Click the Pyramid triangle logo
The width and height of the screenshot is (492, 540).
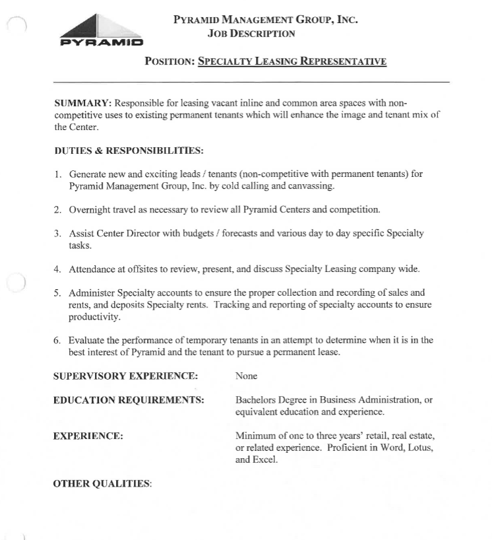coord(101,30)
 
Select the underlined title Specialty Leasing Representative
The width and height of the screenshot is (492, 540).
coord(292,61)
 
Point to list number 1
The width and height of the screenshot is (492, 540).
coord(58,174)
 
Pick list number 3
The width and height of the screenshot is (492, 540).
coord(58,234)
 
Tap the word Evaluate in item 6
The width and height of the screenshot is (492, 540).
coord(90,340)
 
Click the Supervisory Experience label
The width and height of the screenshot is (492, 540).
coord(125,376)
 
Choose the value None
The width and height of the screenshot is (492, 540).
coord(246,376)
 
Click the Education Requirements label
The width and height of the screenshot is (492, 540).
coord(129,400)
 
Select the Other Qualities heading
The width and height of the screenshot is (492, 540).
coord(102,484)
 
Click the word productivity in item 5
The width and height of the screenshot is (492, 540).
coord(94,317)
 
